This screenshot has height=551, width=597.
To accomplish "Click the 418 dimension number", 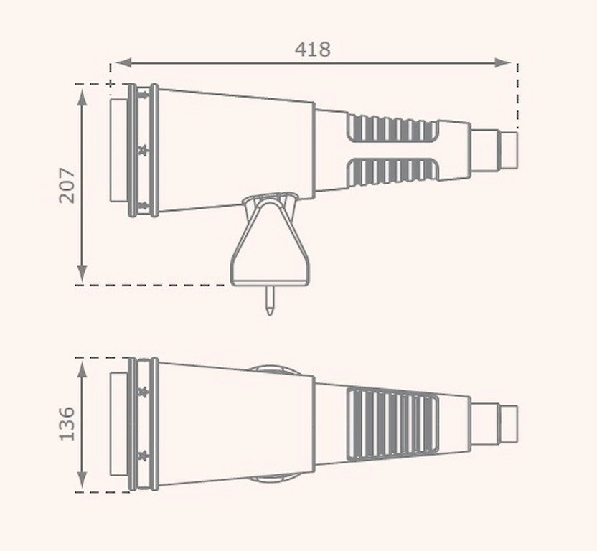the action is click(313, 50).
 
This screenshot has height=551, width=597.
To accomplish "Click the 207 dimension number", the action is click(67, 185).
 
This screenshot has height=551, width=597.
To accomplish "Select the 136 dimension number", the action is click(67, 423).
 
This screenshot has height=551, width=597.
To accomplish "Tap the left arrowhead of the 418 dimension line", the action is click(123, 63).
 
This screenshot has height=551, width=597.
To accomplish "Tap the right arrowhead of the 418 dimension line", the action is click(502, 63).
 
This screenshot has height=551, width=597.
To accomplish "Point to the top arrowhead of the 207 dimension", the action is click(82, 96).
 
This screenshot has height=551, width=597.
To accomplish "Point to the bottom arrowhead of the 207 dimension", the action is click(82, 274).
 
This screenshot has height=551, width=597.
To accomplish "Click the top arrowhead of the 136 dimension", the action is click(82, 369).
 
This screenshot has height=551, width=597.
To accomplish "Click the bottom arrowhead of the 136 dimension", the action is click(82, 480).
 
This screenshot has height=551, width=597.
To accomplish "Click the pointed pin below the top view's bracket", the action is click(270, 301).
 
